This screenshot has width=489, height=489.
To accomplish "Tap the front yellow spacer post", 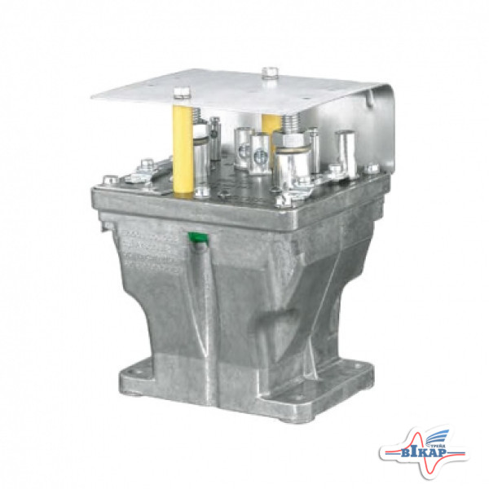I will click(x=184, y=147).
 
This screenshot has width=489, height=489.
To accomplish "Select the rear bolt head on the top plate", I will click(x=270, y=73).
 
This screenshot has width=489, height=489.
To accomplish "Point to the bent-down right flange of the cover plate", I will click(x=383, y=130).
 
